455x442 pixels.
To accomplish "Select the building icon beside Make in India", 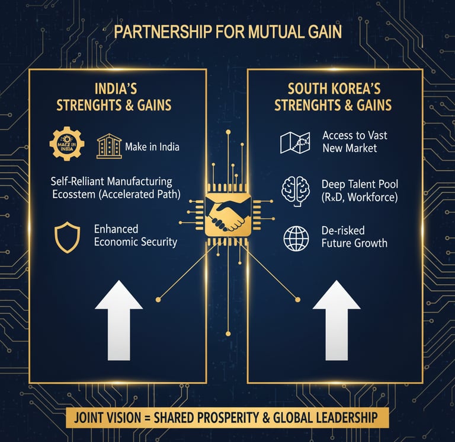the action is pos(109,146).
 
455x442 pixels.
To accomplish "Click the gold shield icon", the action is pos(66,237).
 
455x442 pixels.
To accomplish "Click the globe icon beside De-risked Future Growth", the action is pos(296,237).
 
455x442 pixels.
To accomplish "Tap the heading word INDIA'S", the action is pos(116,90).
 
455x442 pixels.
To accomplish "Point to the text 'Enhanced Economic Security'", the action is pos(135,236).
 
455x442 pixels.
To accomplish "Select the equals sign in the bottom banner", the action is pos(145,418).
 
